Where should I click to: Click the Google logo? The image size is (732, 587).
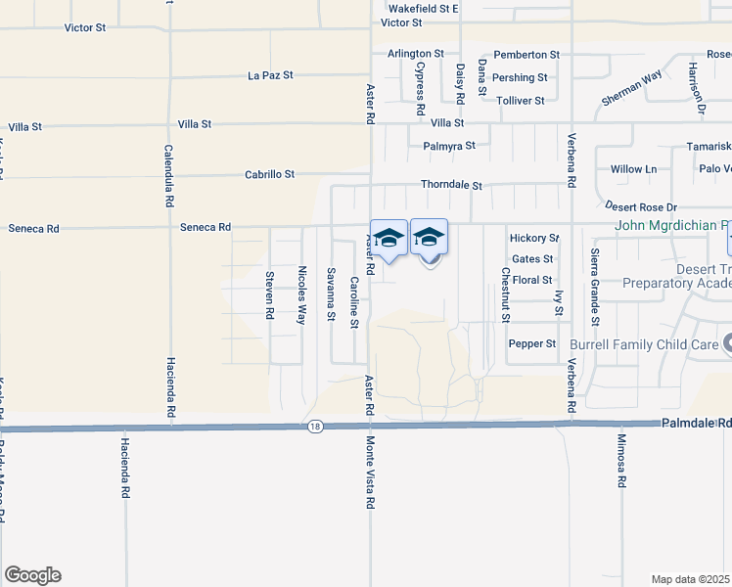(32, 575)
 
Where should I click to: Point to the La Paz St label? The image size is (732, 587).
(271, 74)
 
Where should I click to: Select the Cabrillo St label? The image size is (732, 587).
(269, 174)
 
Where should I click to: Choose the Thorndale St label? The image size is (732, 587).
(451, 185)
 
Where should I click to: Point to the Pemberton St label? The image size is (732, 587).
(526, 55)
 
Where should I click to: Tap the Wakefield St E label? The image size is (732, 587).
(423, 8)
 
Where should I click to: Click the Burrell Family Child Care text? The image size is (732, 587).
(647, 344)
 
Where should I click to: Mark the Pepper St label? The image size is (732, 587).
(531, 344)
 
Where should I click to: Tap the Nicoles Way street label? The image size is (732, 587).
(302, 294)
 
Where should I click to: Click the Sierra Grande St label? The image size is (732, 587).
(594, 287)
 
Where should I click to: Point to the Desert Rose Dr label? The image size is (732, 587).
(641, 207)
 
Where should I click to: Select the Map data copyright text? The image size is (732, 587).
(691, 579)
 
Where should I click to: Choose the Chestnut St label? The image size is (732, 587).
(506, 294)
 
